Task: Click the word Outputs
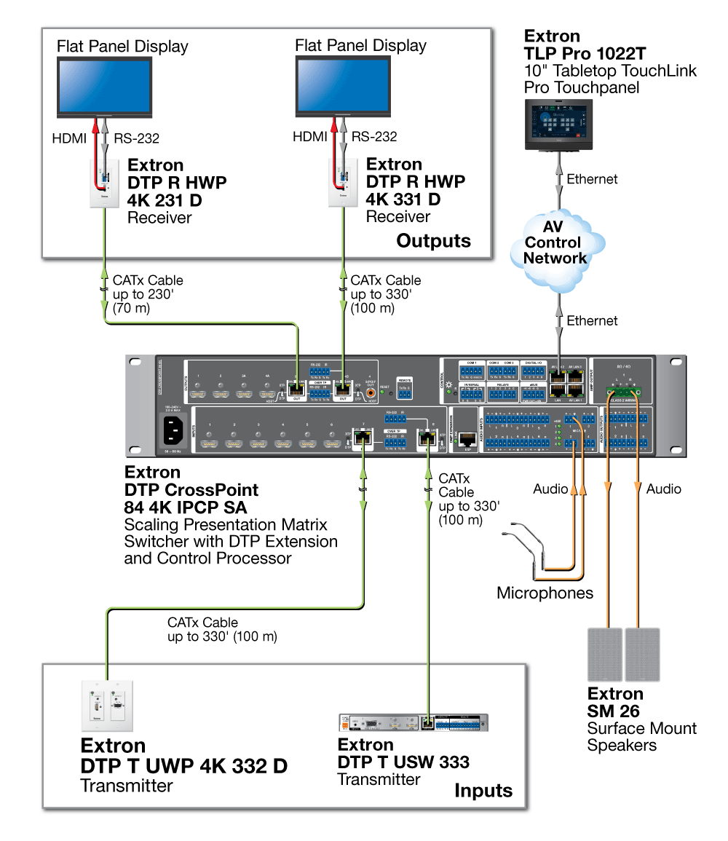click(x=433, y=241)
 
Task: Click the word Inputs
click(x=483, y=791)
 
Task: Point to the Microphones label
click(x=545, y=593)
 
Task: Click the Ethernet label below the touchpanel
click(x=592, y=179)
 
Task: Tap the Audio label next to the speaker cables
click(x=664, y=489)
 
